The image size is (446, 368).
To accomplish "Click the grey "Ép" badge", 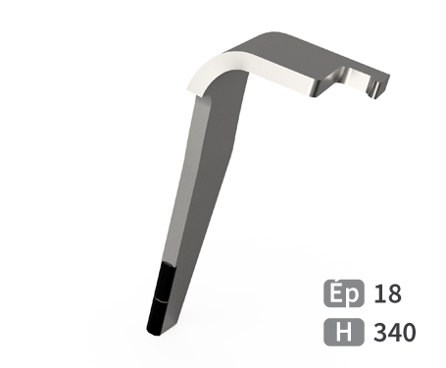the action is [343, 293].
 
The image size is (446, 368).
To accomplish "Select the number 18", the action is [387, 293].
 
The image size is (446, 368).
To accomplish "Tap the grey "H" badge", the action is [343, 332].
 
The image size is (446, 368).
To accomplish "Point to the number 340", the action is [395, 333].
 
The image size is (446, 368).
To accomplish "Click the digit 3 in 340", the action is [380, 333].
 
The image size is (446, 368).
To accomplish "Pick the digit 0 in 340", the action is [409, 333].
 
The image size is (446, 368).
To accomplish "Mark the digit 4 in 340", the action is [394, 333].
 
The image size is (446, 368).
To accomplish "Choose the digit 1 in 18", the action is [379, 293].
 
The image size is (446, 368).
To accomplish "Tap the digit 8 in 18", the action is [394, 293].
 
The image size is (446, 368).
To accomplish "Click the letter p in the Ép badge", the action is [354, 295].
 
